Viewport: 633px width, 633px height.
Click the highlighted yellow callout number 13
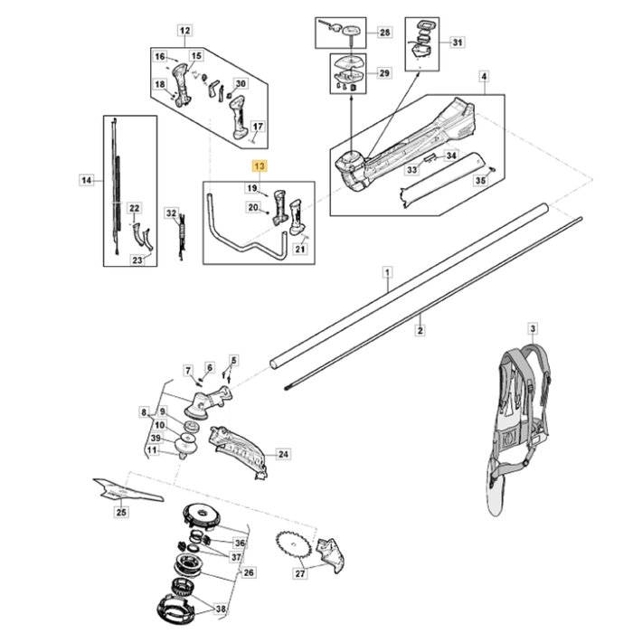(x=260, y=166)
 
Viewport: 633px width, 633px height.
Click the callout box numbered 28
(x=384, y=33)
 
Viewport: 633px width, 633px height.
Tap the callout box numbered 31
(x=457, y=43)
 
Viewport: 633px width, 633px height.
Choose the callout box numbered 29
(x=384, y=73)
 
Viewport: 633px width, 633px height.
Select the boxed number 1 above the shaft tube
(x=387, y=271)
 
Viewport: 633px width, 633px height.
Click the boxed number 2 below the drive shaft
(x=420, y=332)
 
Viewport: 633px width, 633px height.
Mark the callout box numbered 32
(x=172, y=213)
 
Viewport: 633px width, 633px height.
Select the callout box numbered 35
(x=479, y=181)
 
